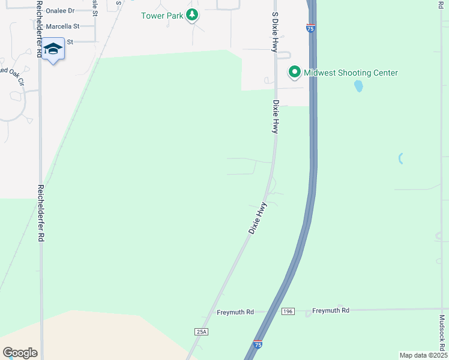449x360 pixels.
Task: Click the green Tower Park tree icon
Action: (191, 15)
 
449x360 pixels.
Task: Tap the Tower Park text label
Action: (162, 15)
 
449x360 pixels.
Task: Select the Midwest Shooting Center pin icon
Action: (295, 73)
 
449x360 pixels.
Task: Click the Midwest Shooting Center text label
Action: (351, 73)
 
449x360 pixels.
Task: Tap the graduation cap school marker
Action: (53, 49)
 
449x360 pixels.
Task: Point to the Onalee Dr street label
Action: (60, 11)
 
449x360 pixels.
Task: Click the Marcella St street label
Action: (62, 26)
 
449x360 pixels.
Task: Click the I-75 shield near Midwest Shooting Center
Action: (310, 28)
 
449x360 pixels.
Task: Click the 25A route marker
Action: (201, 331)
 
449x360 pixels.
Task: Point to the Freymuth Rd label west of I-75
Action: (235, 312)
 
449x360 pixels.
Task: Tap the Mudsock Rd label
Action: (442, 334)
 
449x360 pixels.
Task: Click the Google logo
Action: (20, 352)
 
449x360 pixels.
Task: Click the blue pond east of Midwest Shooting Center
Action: (359, 86)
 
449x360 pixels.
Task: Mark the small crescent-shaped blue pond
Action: (400, 158)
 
